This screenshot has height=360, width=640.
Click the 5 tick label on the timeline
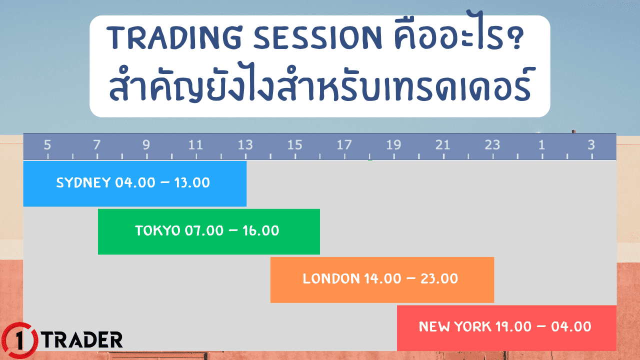(47, 145)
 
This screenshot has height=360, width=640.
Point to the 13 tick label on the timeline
(245, 145)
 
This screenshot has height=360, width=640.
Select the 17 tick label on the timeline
(344, 145)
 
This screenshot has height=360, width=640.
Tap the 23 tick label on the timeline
(492, 145)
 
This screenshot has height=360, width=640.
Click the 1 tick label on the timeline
(541, 145)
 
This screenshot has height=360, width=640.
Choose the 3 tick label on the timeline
(591, 145)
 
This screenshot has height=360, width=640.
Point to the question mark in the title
(516, 39)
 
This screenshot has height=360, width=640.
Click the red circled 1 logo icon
(19, 341)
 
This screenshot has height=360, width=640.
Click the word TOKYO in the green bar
(157, 231)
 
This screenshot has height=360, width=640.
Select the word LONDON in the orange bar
(331, 279)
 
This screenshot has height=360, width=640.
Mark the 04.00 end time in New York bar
(571, 327)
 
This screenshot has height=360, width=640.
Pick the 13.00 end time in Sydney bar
(192, 182)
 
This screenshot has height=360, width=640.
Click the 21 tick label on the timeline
(442, 145)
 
